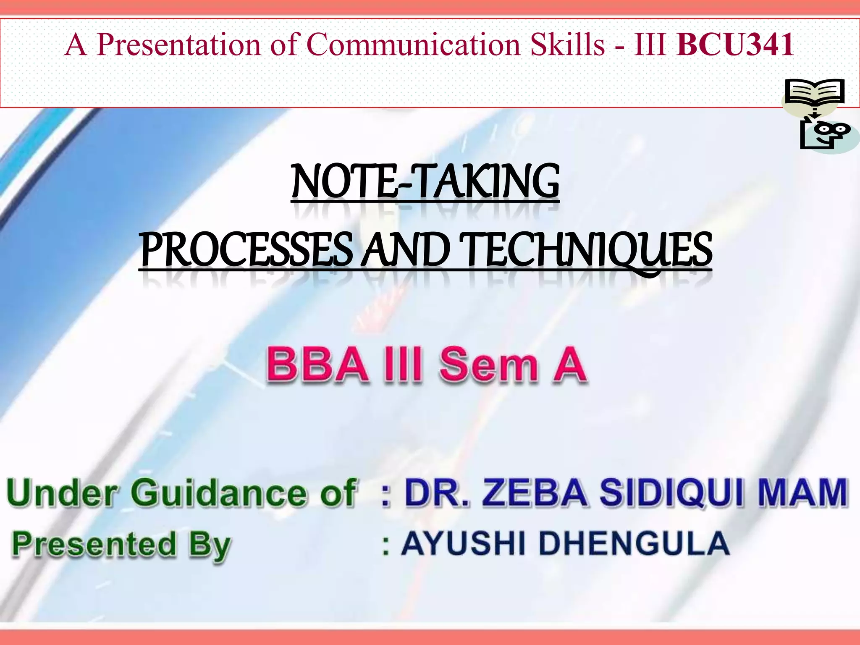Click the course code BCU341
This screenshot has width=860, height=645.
coord(735,45)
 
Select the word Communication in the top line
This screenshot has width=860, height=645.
coord(414,45)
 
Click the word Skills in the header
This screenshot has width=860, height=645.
coord(567,45)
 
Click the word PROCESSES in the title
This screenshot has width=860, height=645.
coord(246,250)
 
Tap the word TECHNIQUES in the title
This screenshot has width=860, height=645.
coord(585,250)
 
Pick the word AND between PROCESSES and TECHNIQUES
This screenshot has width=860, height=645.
coord(405,250)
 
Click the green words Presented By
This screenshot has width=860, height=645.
coord(122,544)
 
